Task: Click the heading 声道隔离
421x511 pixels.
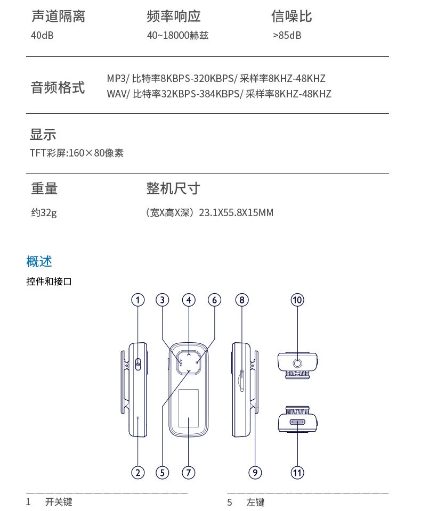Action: pos(58,17)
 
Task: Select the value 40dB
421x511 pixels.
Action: pos(42,36)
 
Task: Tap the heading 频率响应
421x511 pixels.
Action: pos(174,17)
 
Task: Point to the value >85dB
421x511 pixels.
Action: pos(287,36)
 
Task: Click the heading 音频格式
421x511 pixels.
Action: pos(58,87)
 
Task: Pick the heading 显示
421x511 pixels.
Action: pos(43,135)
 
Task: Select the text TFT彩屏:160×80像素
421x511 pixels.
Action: pos(77,153)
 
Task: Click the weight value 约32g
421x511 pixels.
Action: pos(44,213)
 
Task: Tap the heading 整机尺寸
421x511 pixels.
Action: pos(173,188)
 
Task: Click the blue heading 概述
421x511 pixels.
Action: pos(39,261)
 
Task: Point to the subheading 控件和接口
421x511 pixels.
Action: pos(49,282)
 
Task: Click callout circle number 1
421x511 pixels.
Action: pos(138,300)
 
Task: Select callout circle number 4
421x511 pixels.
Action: pos(189,300)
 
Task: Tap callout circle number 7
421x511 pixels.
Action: pos(188,472)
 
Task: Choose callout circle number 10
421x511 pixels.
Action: pos(297,300)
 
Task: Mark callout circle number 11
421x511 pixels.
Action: pos(297,472)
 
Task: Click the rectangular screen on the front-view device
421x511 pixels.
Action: pos(188,408)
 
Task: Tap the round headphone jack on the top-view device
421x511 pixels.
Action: pos(297,363)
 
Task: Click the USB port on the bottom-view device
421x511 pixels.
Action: pos(297,422)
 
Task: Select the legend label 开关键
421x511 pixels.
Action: pos(59,502)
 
